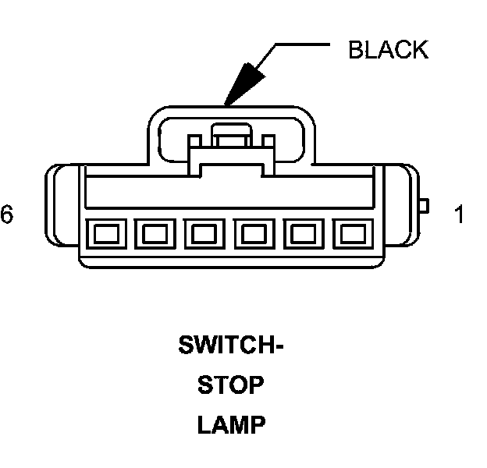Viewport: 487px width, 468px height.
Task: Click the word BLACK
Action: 388,50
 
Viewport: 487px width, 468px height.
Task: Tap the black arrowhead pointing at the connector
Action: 241,83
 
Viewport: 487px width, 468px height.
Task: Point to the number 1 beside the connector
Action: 458,214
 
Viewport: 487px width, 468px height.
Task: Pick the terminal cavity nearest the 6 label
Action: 105,232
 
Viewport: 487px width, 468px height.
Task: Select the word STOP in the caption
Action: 230,385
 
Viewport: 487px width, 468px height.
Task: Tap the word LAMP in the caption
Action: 230,426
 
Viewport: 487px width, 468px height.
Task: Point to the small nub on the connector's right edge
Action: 425,206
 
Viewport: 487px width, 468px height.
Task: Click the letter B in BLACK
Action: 356,50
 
